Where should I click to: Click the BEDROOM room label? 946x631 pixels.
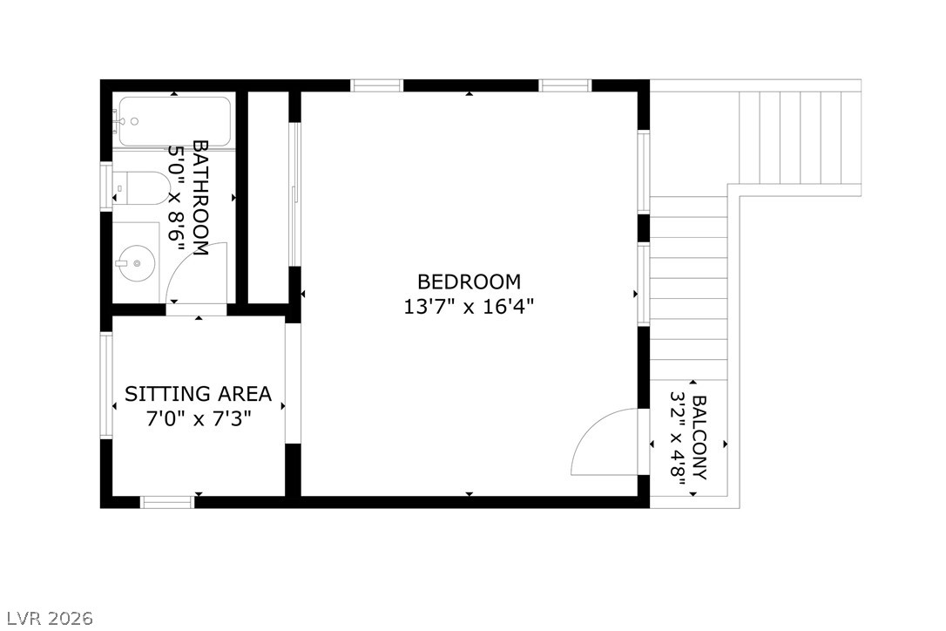pos(469,282)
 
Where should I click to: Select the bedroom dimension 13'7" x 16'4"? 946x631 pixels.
pos(469,307)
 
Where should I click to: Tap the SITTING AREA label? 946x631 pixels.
pos(199,394)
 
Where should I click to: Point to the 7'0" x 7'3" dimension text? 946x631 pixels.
pos(199,419)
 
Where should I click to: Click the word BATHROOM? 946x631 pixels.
pos(199,198)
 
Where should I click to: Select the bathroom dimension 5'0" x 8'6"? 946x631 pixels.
pos(178,198)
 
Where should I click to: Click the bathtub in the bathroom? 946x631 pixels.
pos(174,121)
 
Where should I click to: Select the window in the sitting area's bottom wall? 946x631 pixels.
pos(167,501)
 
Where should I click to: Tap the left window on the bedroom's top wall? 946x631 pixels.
pos(377,85)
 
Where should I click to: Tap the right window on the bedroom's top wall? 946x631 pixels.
pos(565,85)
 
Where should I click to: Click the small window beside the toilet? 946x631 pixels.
pos(106,187)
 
